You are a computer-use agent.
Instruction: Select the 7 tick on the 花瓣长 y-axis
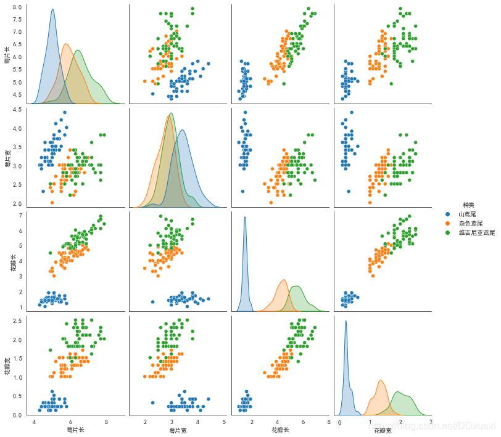pyautogui.click(x=20, y=215)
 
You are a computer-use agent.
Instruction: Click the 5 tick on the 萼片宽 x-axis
pyautogui.click(x=223, y=422)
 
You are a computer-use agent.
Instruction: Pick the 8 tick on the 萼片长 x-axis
pyautogui.click(x=106, y=422)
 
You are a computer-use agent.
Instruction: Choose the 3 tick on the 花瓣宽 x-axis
pyautogui.click(x=430, y=422)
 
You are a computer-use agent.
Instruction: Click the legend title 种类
pyautogui.click(x=469, y=205)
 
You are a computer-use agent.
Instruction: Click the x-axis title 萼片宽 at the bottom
pyautogui.click(x=178, y=430)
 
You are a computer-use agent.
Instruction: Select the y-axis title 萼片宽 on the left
pyautogui.click(x=7, y=158)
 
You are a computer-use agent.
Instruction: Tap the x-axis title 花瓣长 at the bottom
pyautogui.click(x=281, y=430)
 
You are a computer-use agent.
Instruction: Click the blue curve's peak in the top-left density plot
pyautogui.click(x=52, y=9)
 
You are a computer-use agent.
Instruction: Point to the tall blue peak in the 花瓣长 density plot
pyautogui.click(x=245, y=217)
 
